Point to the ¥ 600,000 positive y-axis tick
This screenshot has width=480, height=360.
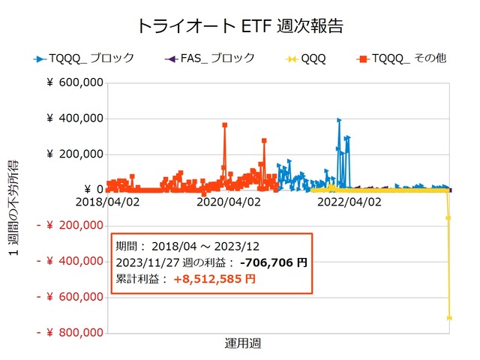[x=74, y=83]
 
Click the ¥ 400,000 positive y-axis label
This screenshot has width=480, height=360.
[x=74, y=118]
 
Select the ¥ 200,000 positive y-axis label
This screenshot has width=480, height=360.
[x=74, y=154]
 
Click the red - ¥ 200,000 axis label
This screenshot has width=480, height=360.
[x=70, y=226]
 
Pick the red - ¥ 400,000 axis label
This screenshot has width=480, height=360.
[x=70, y=261]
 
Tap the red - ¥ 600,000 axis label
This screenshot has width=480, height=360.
[x=70, y=297]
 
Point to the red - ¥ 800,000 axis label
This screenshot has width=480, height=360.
[x=70, y=332]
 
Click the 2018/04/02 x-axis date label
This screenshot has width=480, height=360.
[x=108, y=202]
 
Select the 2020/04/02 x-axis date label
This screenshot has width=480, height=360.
[x=228, y=202]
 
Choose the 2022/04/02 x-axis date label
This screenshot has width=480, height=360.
[x=349, y=202]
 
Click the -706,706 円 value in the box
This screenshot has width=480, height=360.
[x=271, y=262]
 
